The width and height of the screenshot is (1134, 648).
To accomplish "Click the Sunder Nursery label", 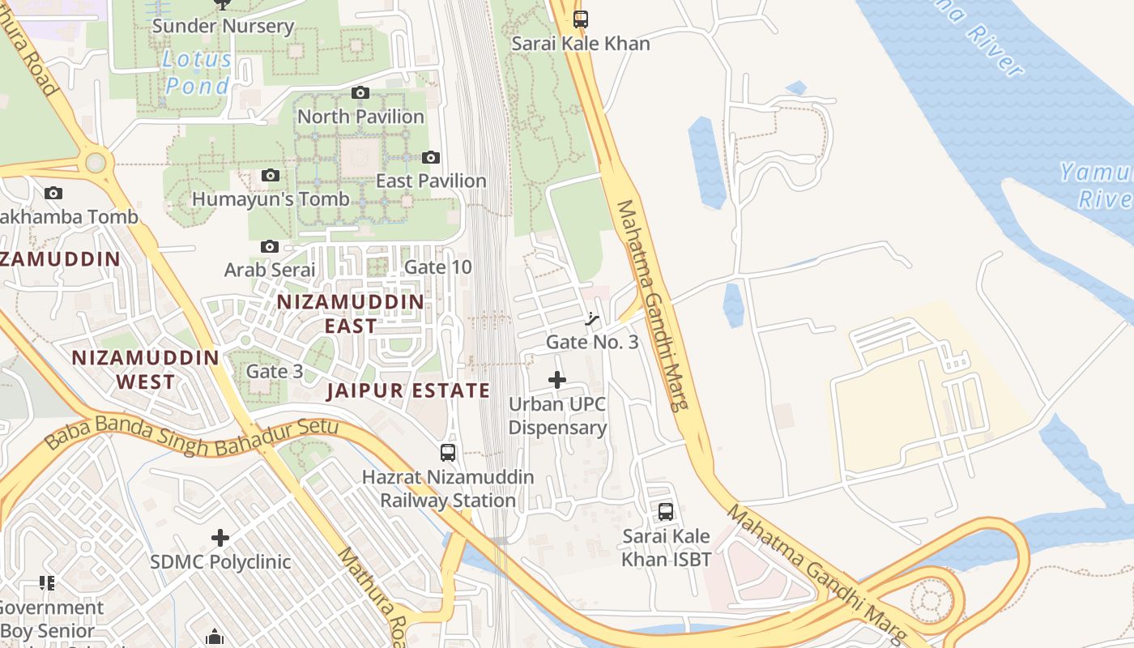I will (223, 26).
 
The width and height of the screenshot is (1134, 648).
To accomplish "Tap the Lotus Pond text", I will (197, 72).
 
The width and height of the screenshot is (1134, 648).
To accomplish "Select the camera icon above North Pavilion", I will (360, 93).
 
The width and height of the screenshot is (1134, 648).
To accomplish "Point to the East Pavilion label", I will (430, 181).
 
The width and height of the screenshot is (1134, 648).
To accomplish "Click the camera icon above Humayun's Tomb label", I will (270, 176).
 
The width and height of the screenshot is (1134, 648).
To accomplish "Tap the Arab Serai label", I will (269, 269).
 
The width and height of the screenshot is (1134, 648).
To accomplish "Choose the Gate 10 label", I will (437, 266).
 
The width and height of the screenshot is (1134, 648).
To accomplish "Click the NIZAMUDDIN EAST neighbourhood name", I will (351, 313).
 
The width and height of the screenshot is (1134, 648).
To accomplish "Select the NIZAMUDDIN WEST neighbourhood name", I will (146, 369).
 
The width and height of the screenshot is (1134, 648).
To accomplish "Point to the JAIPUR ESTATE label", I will (408, 390).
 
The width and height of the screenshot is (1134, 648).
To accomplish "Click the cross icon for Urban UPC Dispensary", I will (557, 379).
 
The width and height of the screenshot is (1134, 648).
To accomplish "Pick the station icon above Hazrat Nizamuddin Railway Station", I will (447, 453).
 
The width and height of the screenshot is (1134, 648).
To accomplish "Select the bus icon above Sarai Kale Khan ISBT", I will (666, 512).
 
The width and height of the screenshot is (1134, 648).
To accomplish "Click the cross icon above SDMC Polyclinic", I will (220, 538).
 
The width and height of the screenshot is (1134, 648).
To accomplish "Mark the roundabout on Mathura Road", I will (96, 163).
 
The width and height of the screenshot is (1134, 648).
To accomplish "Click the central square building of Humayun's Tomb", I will (360, 158).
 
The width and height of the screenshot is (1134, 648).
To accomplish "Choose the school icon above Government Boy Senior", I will (47, 583).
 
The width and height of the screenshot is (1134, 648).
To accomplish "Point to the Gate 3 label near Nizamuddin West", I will (275, 371).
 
